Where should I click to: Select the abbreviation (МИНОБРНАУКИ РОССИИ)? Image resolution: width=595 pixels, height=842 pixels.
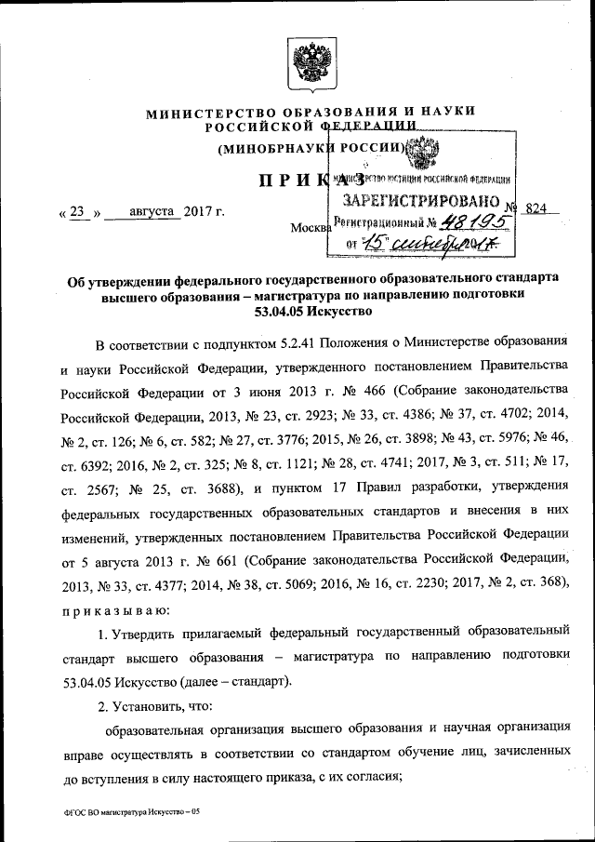[x=311, y=149]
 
